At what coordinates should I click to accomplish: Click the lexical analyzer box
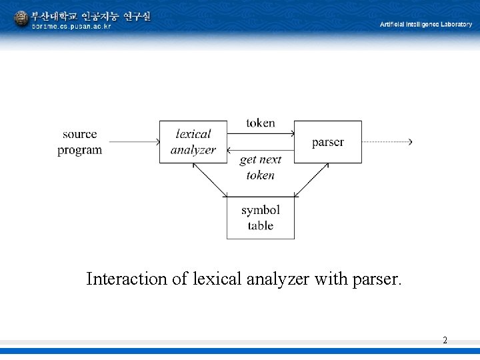(193, 142)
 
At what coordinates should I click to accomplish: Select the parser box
(328, 142)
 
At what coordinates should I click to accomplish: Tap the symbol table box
(260, 218)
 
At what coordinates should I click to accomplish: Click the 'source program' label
(80, 142)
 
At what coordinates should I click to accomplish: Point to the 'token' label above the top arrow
(260, 123)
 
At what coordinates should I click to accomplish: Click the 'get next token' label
(261, 167)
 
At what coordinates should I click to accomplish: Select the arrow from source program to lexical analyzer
(133, 142)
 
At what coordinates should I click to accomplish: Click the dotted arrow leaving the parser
(387, 142)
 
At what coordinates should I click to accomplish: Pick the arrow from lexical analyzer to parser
(261, 133)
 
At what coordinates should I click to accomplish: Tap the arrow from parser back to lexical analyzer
(261, 150)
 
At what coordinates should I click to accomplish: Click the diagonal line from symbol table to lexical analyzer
(209, 180)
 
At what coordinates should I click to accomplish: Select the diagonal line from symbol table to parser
(312, 180)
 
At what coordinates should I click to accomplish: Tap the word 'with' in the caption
(331, 279)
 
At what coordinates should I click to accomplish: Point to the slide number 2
(445, 341)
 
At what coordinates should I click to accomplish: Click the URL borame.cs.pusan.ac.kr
(72, 27)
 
